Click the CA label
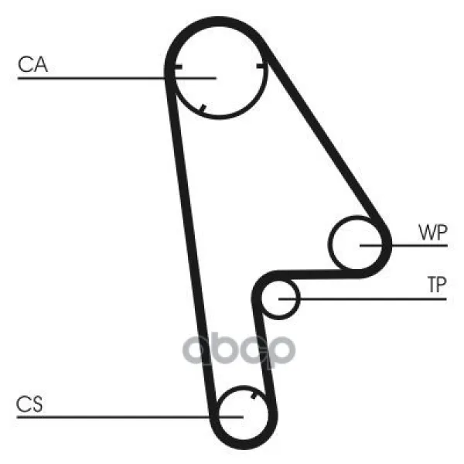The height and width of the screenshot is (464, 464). point(32,66)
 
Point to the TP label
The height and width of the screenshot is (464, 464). point(436,285)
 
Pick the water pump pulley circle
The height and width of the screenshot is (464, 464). point(359,245)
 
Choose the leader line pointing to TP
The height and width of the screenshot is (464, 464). point(363,298)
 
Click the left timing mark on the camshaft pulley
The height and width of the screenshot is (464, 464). point(177,68)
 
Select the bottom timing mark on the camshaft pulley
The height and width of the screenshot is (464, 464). point(202,107)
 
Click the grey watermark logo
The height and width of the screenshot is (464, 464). point(239,350)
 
